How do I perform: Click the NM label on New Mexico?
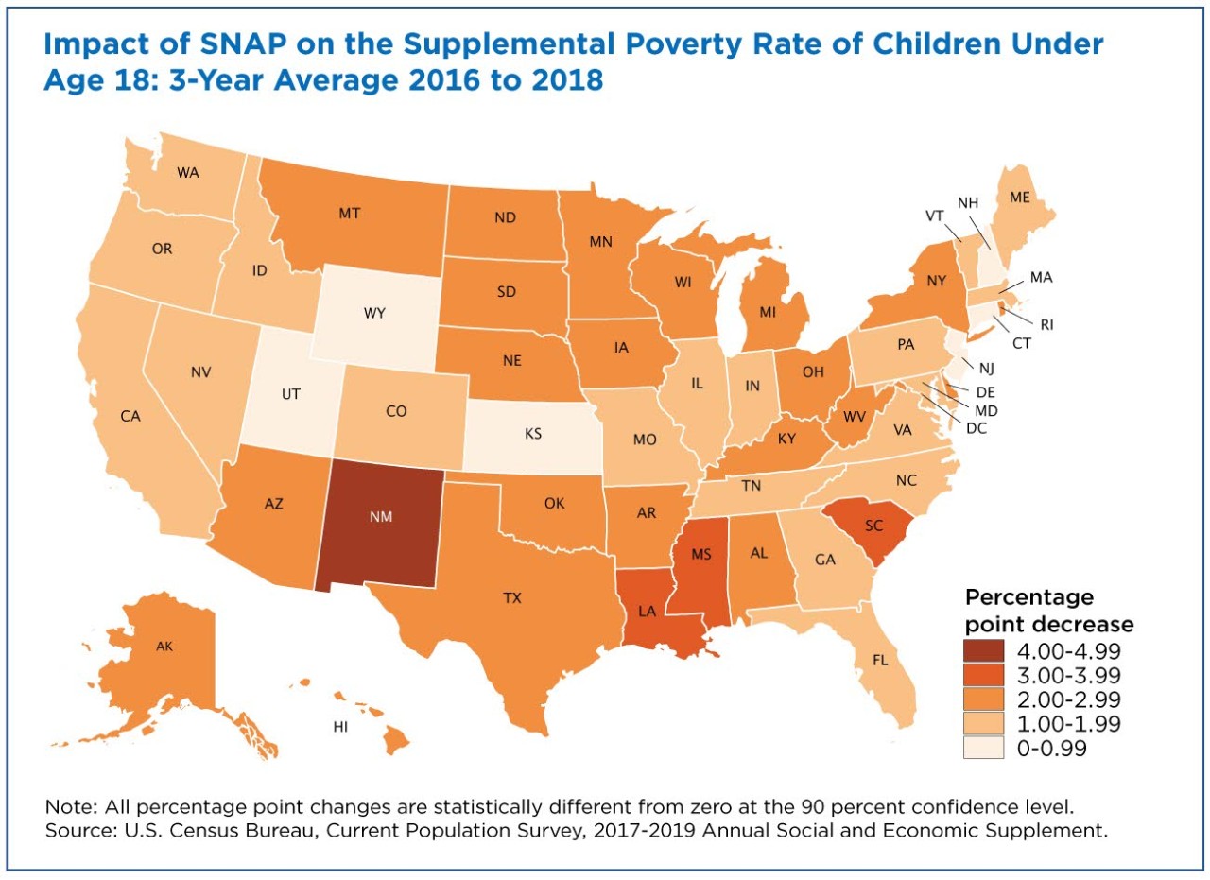coord(381,517)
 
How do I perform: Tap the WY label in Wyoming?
coord(374,313)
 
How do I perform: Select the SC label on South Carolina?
coord(873,526)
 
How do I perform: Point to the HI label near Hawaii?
coord(340,727)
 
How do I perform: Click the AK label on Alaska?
coord(164,647)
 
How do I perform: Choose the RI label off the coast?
coord(1046,324)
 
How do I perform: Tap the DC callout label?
coord(977,428)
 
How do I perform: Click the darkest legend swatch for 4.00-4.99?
coord(983,651)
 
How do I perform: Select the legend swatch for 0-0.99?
coord(983,749)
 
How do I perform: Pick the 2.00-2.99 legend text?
coord(1069,699)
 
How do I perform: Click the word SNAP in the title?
coord(242,43)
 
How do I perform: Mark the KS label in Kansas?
coord(532,434)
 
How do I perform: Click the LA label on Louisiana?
coord(647,611)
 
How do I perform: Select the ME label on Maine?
coord(1019,198)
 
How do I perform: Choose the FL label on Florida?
coord(880,660)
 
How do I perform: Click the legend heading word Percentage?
coord(1029,597)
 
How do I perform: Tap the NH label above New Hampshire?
coord(968,203)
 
